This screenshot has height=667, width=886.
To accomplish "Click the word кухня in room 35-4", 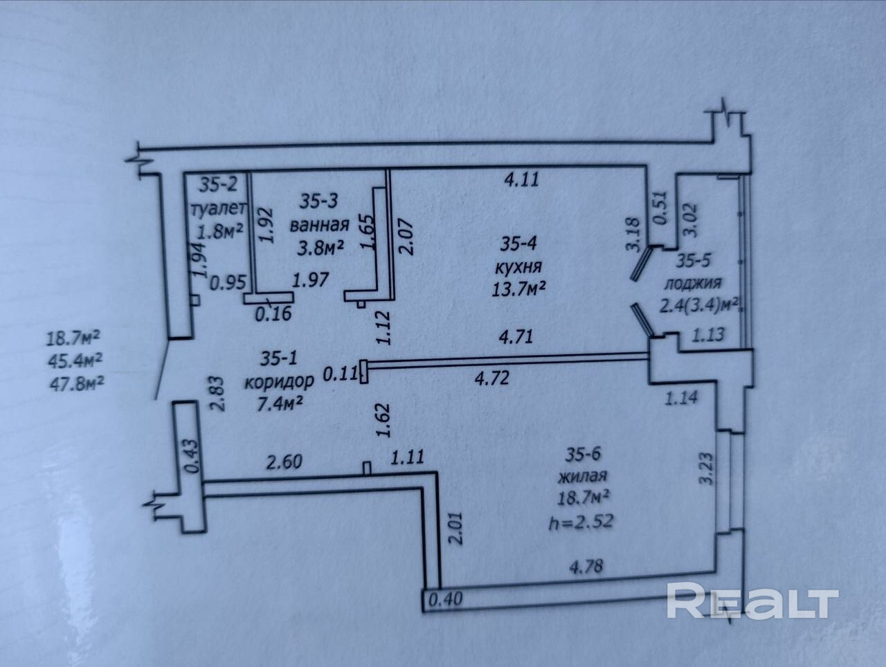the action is (518, 266).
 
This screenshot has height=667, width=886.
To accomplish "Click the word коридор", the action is (280, 380).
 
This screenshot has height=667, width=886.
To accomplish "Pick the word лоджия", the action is (692, 283).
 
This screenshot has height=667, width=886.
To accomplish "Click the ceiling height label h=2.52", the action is (583, 518).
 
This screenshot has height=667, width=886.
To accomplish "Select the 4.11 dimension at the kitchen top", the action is (521, 181).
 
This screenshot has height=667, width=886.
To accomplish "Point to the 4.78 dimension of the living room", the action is (586, 566).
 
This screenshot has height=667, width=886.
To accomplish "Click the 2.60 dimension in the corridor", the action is (284, 461).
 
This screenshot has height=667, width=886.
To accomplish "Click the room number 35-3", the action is (320, 201).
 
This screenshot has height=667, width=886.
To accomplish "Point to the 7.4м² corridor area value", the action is (279, 402).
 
